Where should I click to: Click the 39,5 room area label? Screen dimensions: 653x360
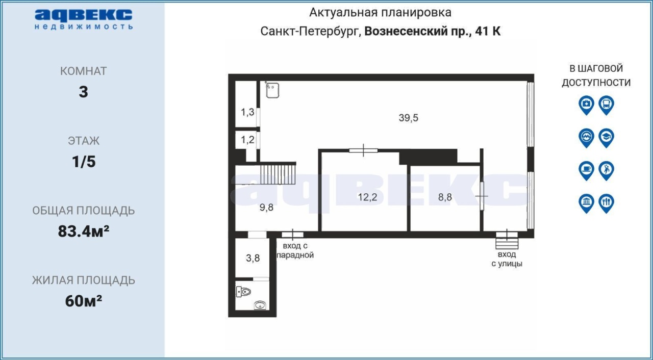click(x=409, y=118)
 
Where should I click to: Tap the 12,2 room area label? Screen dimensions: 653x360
click(x=367, y=197)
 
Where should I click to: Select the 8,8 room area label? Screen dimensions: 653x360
click(x=445, y=197)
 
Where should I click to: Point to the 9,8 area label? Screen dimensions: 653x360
click(x=266, y=208)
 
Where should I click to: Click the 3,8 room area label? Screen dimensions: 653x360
click(x=253, y=258)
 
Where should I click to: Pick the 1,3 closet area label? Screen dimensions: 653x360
click(x=247, y=112)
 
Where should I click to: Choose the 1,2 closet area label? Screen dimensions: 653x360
click(x=247, y=140)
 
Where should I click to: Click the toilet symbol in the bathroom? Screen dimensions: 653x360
click(x=243, y=292)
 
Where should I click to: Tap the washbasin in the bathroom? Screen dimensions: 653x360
click(x=260, y=305)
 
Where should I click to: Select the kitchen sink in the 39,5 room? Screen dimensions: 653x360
click(x=272, y=90)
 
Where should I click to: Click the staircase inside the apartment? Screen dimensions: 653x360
click(x=278, y=174)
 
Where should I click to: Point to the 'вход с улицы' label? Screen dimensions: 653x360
click(x=507, y=259)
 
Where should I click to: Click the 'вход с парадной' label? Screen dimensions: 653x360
click(x=295, y=250)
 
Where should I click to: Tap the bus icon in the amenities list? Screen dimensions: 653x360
click(x=607, y=105)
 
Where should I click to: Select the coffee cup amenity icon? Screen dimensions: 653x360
click(x=586, y=171)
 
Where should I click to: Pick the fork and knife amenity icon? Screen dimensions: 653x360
click(x=607, y=203)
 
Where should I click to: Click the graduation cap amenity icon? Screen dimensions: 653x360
click(x=607, y=138)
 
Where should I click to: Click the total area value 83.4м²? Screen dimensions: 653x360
click(x=83, y=232)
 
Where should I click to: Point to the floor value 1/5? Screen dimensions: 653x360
click(x=84, y=162)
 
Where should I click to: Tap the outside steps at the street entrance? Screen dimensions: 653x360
click(x=507, y=243)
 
